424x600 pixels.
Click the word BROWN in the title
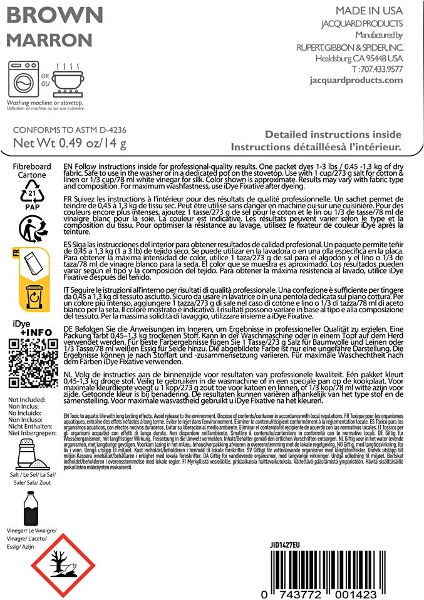pos(54,16)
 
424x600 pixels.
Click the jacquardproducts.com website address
pos(356,80)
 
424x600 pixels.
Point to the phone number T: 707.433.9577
pos(377,69)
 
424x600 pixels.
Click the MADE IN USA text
pos(369,11)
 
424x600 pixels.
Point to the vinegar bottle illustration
pos(27,507)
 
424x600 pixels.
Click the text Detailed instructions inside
pos(333,135)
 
